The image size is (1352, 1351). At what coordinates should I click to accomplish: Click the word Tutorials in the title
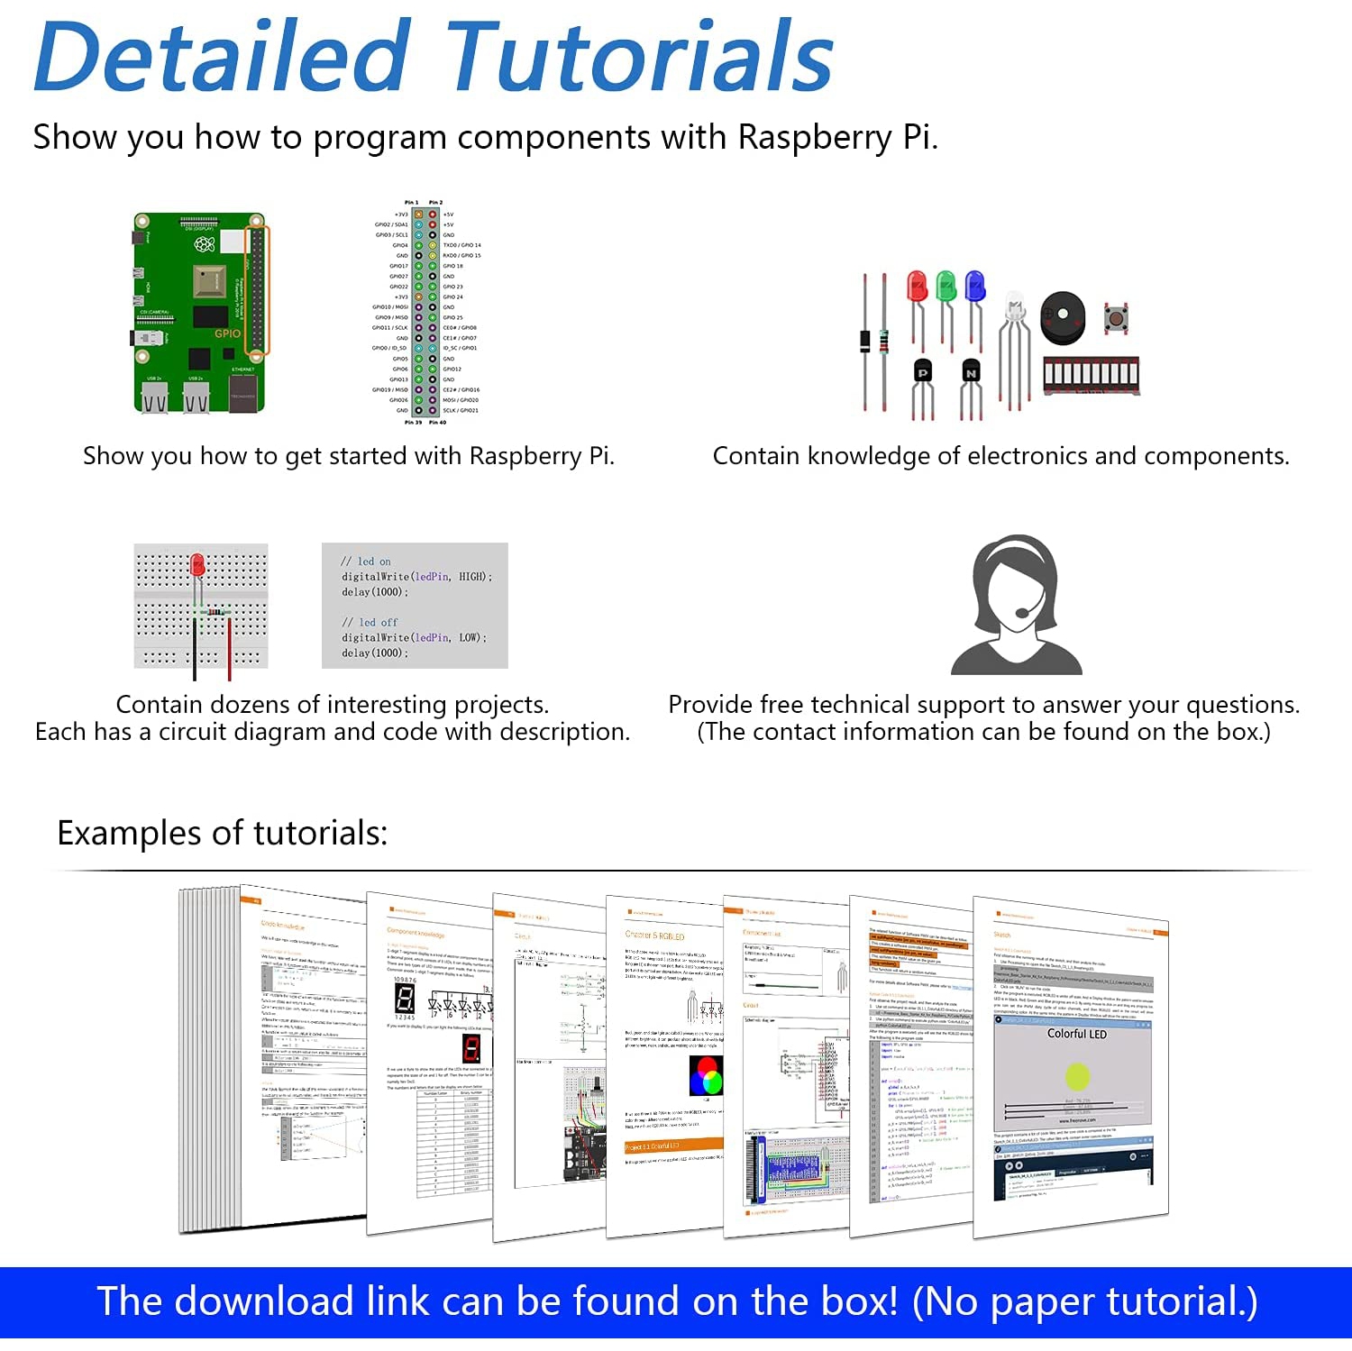[x=639, y=57]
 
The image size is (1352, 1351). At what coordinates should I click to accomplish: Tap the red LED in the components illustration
[x=918, y=288]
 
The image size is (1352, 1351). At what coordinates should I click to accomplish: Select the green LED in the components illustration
[x=945, y=287]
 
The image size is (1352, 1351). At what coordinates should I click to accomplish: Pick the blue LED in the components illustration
[x=974, y=287]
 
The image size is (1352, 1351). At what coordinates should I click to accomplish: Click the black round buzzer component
[x=1063, y=317]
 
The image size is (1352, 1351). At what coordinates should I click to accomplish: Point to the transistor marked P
[x=922, y=372]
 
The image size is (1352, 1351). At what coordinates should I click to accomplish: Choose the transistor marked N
[x=970, y=372]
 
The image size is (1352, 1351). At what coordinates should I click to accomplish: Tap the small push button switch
[x=1117, y=319]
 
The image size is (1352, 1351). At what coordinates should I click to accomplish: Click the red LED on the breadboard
[x=197, y=566]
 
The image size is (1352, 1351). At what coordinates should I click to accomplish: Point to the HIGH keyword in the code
[x=471, y=577]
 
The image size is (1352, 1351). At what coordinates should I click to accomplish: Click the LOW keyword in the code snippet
[x=469, y=637]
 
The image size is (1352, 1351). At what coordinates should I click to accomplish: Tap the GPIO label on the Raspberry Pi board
[x=227, y=333]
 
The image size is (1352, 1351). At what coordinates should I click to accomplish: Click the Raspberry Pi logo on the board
[x=205, y=243]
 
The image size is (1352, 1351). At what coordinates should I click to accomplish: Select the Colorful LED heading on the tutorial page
[x=1076, y=1034]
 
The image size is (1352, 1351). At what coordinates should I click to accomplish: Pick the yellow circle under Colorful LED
[x=1077, y=1075]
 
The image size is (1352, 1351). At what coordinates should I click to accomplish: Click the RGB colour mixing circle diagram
[x=706, y=1075]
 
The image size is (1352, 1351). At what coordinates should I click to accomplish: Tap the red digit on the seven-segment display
[x=471, y=1048]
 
